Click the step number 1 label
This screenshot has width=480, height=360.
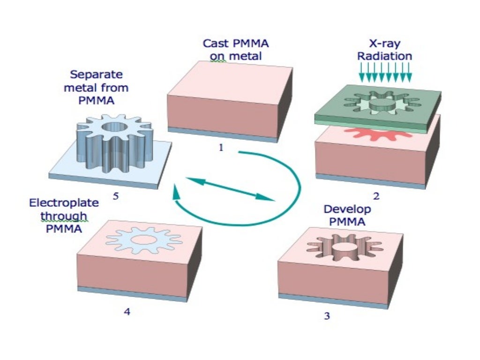coord(221,148)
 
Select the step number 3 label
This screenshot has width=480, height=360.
coord(327,316)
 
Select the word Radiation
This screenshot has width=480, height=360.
coord(384,56)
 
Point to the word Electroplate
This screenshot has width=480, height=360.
coord(64,203)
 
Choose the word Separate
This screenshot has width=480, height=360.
coord(96,74)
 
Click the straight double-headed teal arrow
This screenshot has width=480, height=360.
coord(229,188)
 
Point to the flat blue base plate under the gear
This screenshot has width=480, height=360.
coord(70,164)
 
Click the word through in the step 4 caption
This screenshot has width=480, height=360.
coord(64,217)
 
